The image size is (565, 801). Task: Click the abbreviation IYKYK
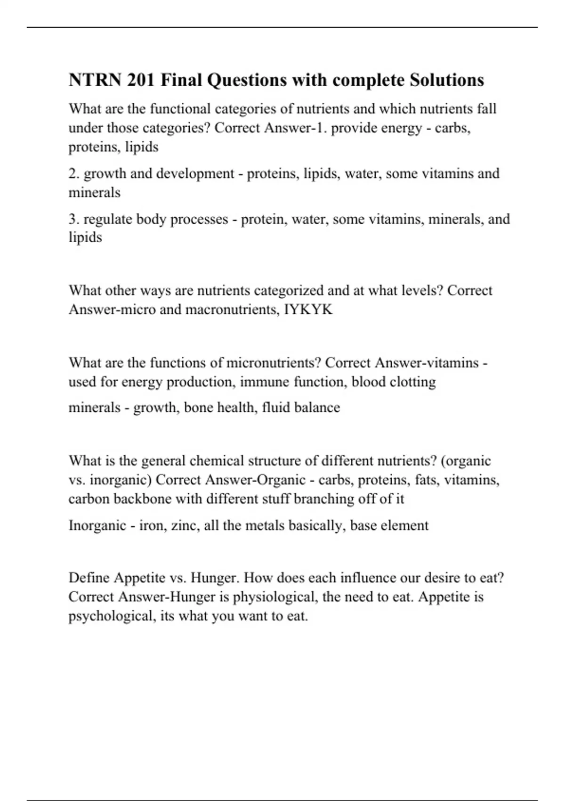pos(309,310)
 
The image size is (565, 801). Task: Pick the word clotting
pos(412,382)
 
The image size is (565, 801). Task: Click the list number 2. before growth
pos(74,174)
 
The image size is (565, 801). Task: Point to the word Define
pos(89,578)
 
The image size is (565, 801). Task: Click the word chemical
pos(216,460)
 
